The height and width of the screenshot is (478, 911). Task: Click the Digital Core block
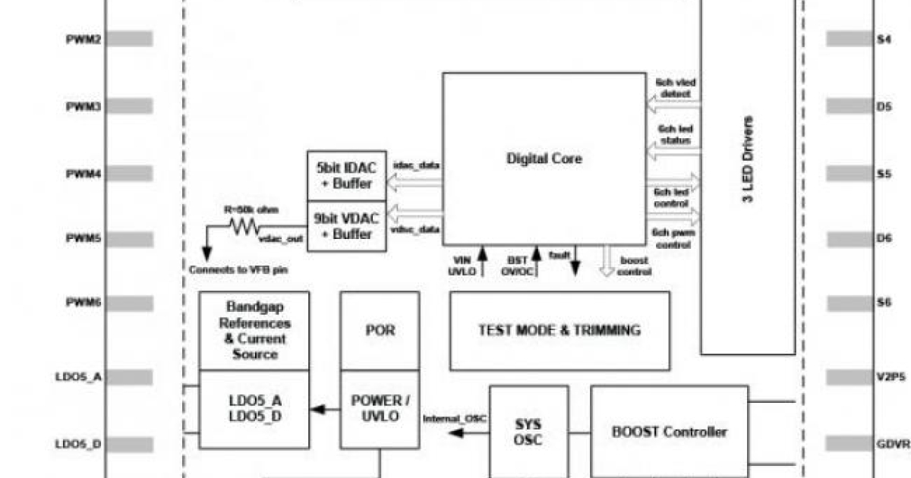click(544, 159)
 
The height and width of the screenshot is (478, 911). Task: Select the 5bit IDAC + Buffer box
click(345, 176)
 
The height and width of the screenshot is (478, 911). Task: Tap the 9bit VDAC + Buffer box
click(345, 226)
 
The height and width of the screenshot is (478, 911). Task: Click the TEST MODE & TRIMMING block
click(560, 331)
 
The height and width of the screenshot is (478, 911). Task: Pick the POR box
click(380, 331)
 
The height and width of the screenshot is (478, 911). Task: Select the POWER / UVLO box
click(380, 409)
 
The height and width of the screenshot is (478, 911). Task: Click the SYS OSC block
click(528, 432)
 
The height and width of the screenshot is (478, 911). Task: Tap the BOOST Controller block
click(669, 432)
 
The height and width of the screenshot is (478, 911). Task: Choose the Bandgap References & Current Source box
click(254, 331)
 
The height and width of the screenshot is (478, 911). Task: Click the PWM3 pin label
click(84, 107)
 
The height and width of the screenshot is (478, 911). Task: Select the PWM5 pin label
click(84, 238)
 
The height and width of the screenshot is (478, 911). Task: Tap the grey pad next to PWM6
click(129, 302)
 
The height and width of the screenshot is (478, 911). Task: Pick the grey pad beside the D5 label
click(850, 107)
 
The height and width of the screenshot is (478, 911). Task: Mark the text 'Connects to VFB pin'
click(238, 269)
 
